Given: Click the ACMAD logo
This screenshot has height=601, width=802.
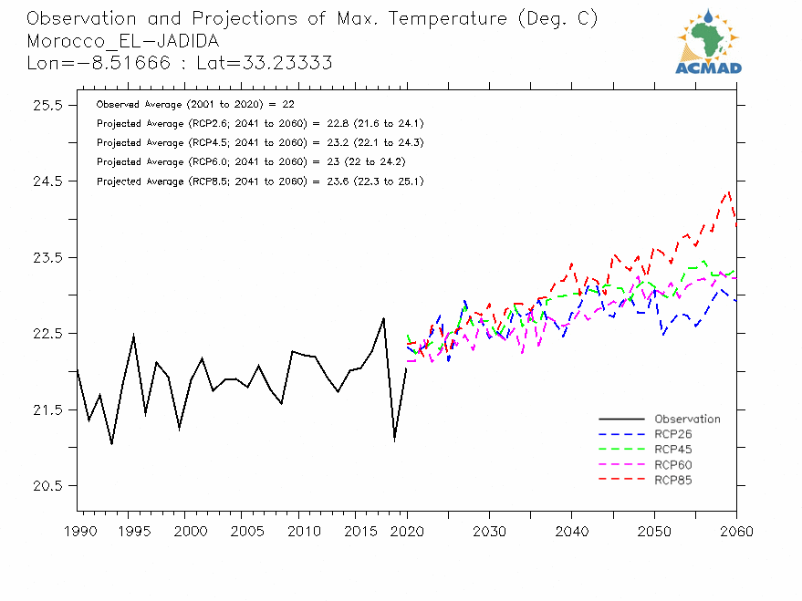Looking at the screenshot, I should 709,42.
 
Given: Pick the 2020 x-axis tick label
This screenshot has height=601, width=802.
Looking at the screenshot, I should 407,531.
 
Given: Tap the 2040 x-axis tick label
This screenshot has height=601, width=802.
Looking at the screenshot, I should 572,531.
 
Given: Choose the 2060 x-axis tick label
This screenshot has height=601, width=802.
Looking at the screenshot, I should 735,531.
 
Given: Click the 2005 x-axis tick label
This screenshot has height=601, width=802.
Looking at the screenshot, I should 242,531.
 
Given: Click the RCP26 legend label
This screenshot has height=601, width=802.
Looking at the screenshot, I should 673,434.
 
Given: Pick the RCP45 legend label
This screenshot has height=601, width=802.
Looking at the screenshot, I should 673,450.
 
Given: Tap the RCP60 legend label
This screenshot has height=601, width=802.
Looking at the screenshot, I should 673,465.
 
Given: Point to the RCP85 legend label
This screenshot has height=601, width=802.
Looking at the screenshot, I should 673,480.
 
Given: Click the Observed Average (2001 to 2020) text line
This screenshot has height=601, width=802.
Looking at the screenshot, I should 194,105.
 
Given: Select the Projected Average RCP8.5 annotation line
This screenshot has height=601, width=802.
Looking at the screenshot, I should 260,181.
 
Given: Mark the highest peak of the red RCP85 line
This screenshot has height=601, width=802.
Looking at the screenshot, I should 728,192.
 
